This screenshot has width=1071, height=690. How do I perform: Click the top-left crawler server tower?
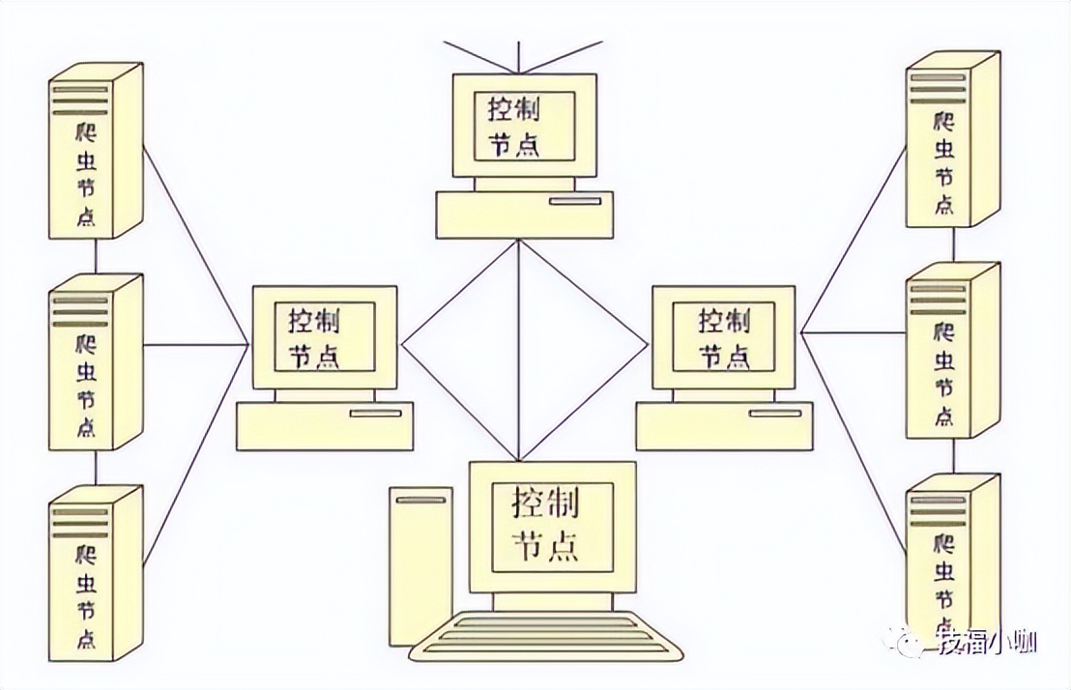[96, 151]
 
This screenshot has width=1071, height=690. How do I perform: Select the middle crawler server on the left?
[96, 362]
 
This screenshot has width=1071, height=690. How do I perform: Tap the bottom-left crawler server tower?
[96, 572]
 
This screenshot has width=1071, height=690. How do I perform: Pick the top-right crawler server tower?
[953, 139]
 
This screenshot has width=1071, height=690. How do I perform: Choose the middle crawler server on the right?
[953, 351]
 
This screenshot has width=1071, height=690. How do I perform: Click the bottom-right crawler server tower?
[953, 561]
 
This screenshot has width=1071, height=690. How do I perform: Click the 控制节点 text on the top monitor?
[513, 127]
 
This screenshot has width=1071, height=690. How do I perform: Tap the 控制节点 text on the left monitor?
[314, 338]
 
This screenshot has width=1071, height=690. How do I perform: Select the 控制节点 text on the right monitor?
[724, 338]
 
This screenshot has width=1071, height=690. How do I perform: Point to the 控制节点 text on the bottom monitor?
[546, 526]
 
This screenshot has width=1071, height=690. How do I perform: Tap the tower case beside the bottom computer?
[420, 566]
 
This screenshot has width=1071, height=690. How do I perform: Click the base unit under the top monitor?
[525, 215]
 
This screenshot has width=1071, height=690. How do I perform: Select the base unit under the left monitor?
[325, 425]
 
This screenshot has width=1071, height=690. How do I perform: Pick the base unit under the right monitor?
[725, 425]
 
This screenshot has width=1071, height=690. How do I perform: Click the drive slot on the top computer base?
[576, 201]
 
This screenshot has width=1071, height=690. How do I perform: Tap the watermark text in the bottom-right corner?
[988, 643]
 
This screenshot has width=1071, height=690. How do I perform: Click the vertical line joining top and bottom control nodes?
[519, 350]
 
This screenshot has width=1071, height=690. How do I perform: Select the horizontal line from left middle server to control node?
[196, 344]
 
